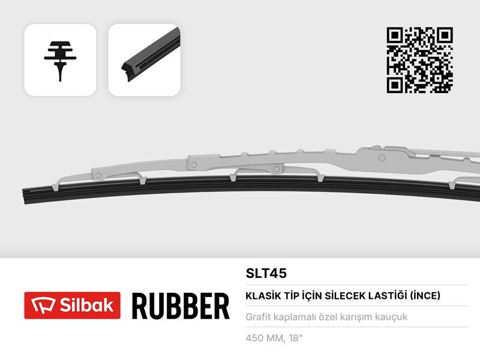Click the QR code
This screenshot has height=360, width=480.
[419, 60]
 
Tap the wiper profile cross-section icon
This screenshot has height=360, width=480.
[60, 60]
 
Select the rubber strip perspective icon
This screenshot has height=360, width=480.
[144, 60]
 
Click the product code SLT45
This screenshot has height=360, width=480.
[266, 273]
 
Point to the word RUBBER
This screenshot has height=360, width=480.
[180, 306]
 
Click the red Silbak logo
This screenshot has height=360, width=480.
[72, 305]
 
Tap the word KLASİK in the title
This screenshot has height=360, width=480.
[261, 295]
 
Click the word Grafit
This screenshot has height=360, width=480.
[259, 317]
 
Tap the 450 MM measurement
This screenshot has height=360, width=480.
[264, 338]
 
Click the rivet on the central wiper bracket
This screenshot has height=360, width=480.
[194, 163]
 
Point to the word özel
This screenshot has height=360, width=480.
[327, 317]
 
